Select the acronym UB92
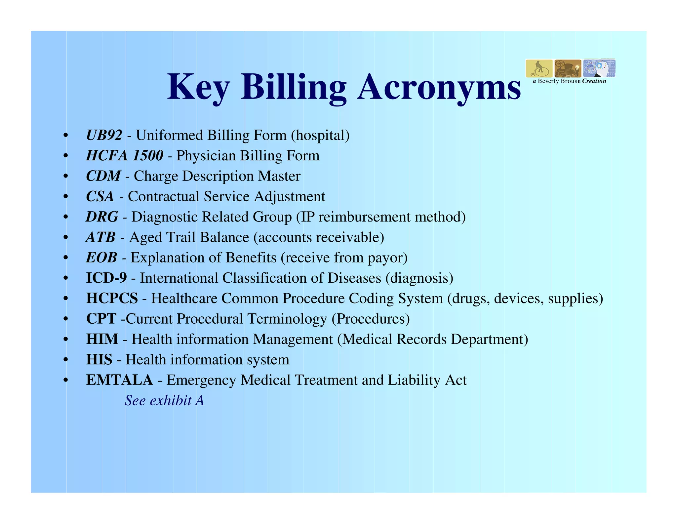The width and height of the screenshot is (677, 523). [104, 135]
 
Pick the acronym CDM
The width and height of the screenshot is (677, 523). [103, 176]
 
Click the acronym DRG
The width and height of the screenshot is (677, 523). [102, 217]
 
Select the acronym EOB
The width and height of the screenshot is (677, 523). [101, 258]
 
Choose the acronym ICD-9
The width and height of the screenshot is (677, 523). [106, 278]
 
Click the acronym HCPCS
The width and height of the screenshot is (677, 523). [112, 299]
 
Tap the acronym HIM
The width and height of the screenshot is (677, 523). [102, 340]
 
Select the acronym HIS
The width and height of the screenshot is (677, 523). [99, 360]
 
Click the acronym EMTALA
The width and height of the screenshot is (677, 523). [119, 380]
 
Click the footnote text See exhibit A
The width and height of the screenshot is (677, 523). [164, 401]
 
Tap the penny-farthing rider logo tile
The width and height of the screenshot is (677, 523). [539, 68]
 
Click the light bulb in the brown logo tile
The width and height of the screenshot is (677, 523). [577, 67]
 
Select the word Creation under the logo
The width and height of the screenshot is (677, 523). [594, 81]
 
